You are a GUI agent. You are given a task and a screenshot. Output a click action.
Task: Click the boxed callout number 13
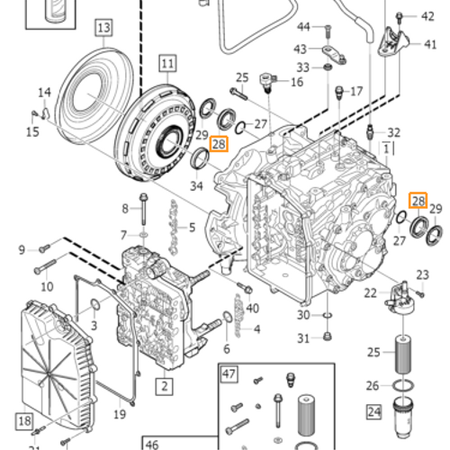pos(103,29)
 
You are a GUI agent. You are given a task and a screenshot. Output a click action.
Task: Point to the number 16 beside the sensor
pos(296,82)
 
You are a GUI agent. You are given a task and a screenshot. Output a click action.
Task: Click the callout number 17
pos(355,91)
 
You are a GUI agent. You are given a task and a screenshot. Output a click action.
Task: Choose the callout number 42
pos(427,16)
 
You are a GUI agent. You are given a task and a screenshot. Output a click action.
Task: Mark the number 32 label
pos(393,131)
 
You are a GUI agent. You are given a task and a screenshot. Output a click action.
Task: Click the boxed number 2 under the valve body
pos(164,387)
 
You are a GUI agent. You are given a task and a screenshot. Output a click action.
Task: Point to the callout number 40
pos(252,309)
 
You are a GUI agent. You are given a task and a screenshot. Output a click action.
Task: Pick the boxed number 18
pos(23,420)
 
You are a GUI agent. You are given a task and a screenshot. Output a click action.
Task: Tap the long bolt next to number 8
pos(143,210)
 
